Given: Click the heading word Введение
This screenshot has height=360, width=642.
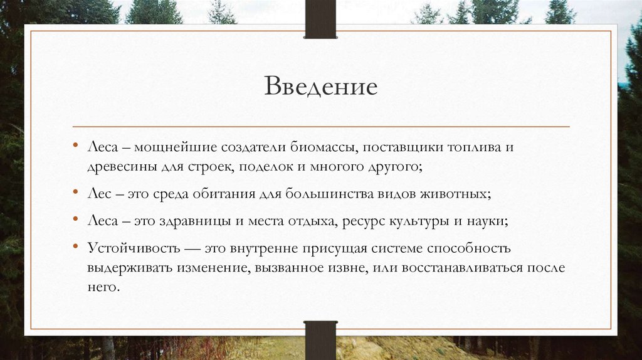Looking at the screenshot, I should pos(320,86).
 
